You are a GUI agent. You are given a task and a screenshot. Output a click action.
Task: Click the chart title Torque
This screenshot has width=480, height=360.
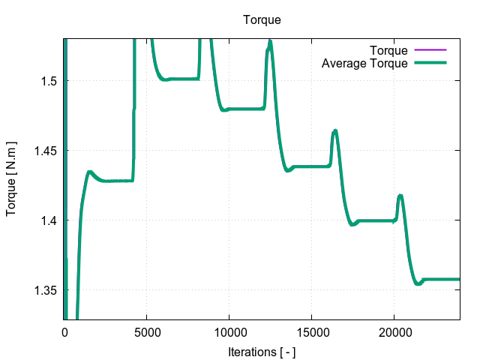point(262,19)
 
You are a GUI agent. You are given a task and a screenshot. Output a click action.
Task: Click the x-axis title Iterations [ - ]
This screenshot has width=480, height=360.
point(262,351)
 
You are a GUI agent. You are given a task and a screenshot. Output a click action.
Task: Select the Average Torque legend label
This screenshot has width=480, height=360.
point(364,63)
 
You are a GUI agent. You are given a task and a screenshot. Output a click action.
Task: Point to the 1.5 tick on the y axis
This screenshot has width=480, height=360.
point(49,80)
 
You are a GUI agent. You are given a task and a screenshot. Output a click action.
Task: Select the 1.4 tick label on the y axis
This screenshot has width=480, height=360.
point(49,220)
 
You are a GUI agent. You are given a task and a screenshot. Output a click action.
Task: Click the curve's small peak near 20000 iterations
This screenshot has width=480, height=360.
point(400,196)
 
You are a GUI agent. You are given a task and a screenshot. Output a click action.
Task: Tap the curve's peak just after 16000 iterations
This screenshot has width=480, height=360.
point(335,130)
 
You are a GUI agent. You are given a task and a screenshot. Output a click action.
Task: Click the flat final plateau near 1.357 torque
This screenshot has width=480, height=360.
point(442,279)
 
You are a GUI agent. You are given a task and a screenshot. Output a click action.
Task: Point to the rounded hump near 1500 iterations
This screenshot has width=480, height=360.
point(89,172)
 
